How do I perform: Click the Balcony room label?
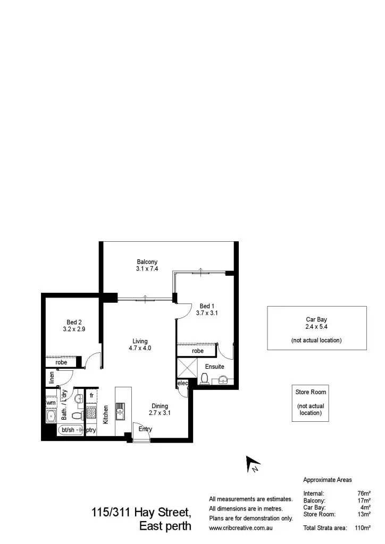(147, 261)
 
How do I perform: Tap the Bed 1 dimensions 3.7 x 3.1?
(207, 313)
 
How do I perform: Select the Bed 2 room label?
(74, 322)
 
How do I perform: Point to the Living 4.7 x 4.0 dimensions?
(140, 348)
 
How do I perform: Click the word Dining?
(160, 406)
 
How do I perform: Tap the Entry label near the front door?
(145, 429)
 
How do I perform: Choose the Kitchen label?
(106, 414)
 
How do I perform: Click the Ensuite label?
(214, 367)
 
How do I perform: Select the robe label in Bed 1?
(198, 351)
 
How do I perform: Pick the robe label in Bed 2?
(61, 362)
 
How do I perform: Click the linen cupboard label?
(52, 377)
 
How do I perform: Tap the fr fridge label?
(91, 396)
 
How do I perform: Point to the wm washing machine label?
(51, 403)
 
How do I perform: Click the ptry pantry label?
(91, 430)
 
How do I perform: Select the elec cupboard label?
(182, 383)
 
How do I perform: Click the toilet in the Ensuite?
(205, 378)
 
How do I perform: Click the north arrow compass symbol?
(252, 464)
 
